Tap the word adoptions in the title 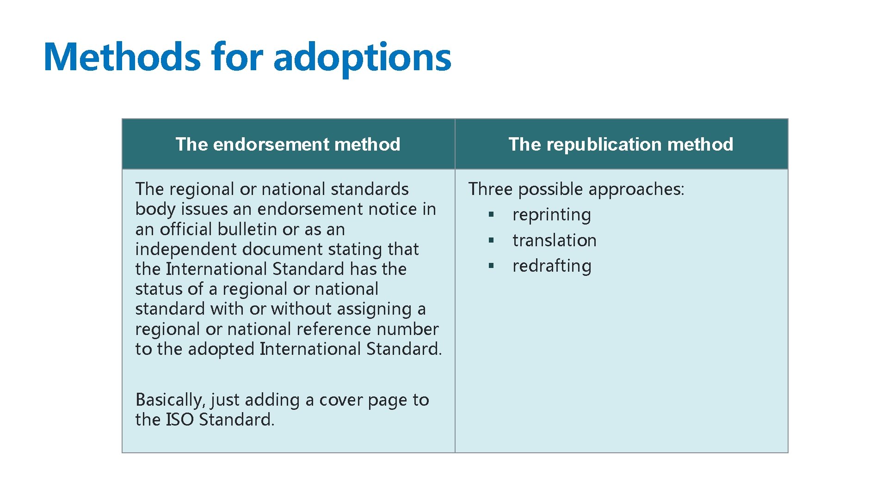point(362,58)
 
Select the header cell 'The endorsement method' point(288,144)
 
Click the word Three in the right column point(490,189)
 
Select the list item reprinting point(551,215)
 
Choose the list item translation point(554,240)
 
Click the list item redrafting point(552,266)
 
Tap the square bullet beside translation point(491,240)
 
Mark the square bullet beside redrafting point(491,266)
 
